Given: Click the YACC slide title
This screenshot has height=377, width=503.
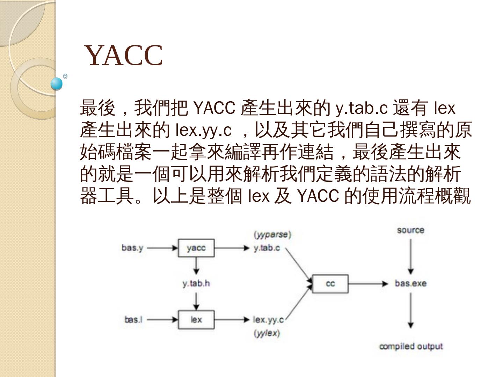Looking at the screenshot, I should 124,55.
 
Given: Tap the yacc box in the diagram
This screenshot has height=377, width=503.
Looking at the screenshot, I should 196,248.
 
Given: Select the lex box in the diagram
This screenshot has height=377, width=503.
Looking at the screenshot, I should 196,319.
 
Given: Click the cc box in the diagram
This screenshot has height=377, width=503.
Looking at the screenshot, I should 330,283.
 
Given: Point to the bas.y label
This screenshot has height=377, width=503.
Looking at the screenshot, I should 132,248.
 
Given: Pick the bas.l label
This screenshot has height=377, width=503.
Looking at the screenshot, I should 133,319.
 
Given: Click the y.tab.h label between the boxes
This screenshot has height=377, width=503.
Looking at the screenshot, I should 196,283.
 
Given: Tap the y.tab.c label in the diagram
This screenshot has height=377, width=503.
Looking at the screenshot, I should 267,248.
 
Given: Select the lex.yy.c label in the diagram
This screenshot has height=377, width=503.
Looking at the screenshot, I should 268,319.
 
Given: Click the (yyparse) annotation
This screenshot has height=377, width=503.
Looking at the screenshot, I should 272,235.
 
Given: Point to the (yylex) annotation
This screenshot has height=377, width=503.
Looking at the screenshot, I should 267,333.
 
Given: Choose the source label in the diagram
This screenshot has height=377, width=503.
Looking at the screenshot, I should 410,230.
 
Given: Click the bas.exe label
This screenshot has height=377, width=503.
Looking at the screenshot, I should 410,283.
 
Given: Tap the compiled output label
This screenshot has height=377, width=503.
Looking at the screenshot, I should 411,347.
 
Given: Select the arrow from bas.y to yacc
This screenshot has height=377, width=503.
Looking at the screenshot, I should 162,248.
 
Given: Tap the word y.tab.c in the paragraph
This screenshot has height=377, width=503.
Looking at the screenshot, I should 362,109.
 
